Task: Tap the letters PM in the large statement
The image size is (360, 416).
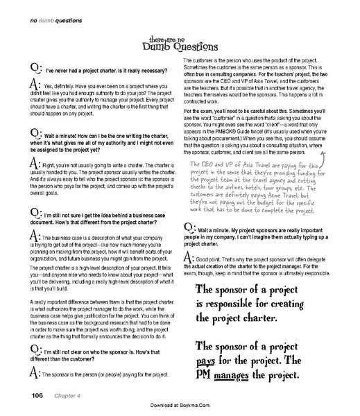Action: point(211,379)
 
